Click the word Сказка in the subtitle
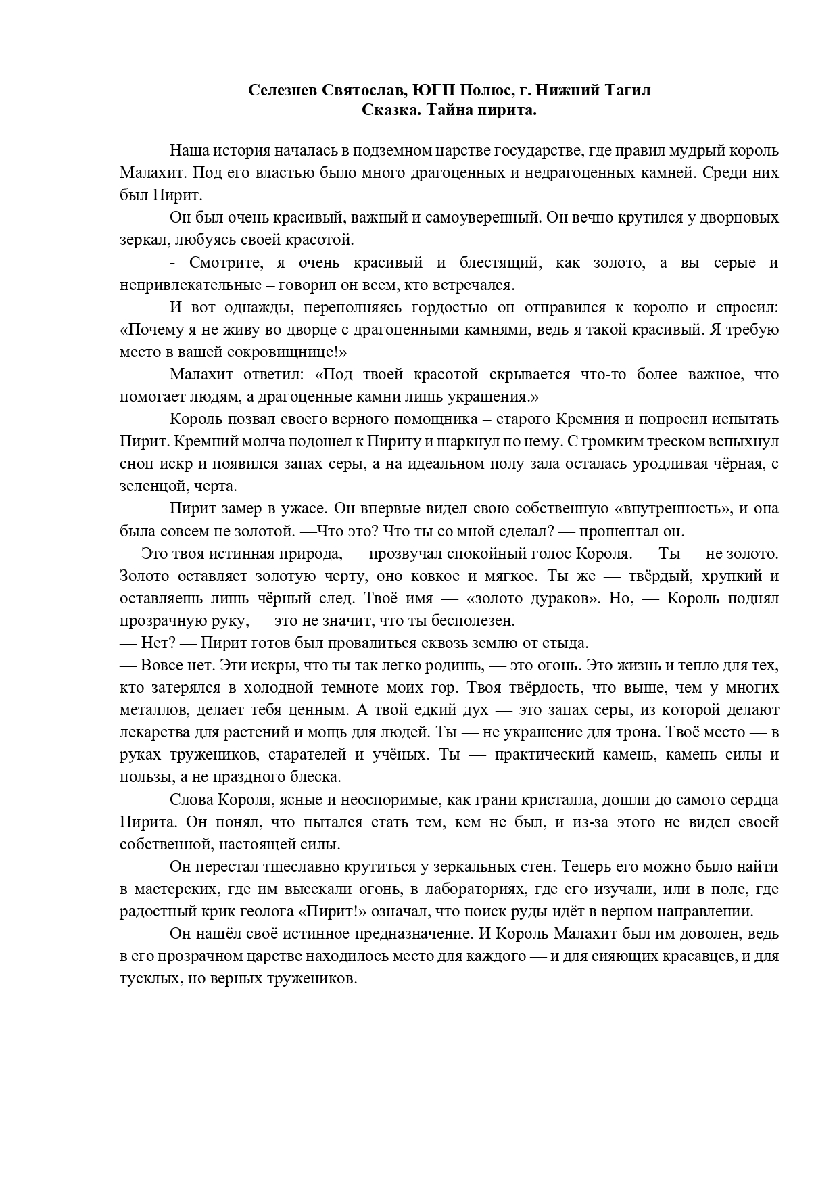386,110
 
